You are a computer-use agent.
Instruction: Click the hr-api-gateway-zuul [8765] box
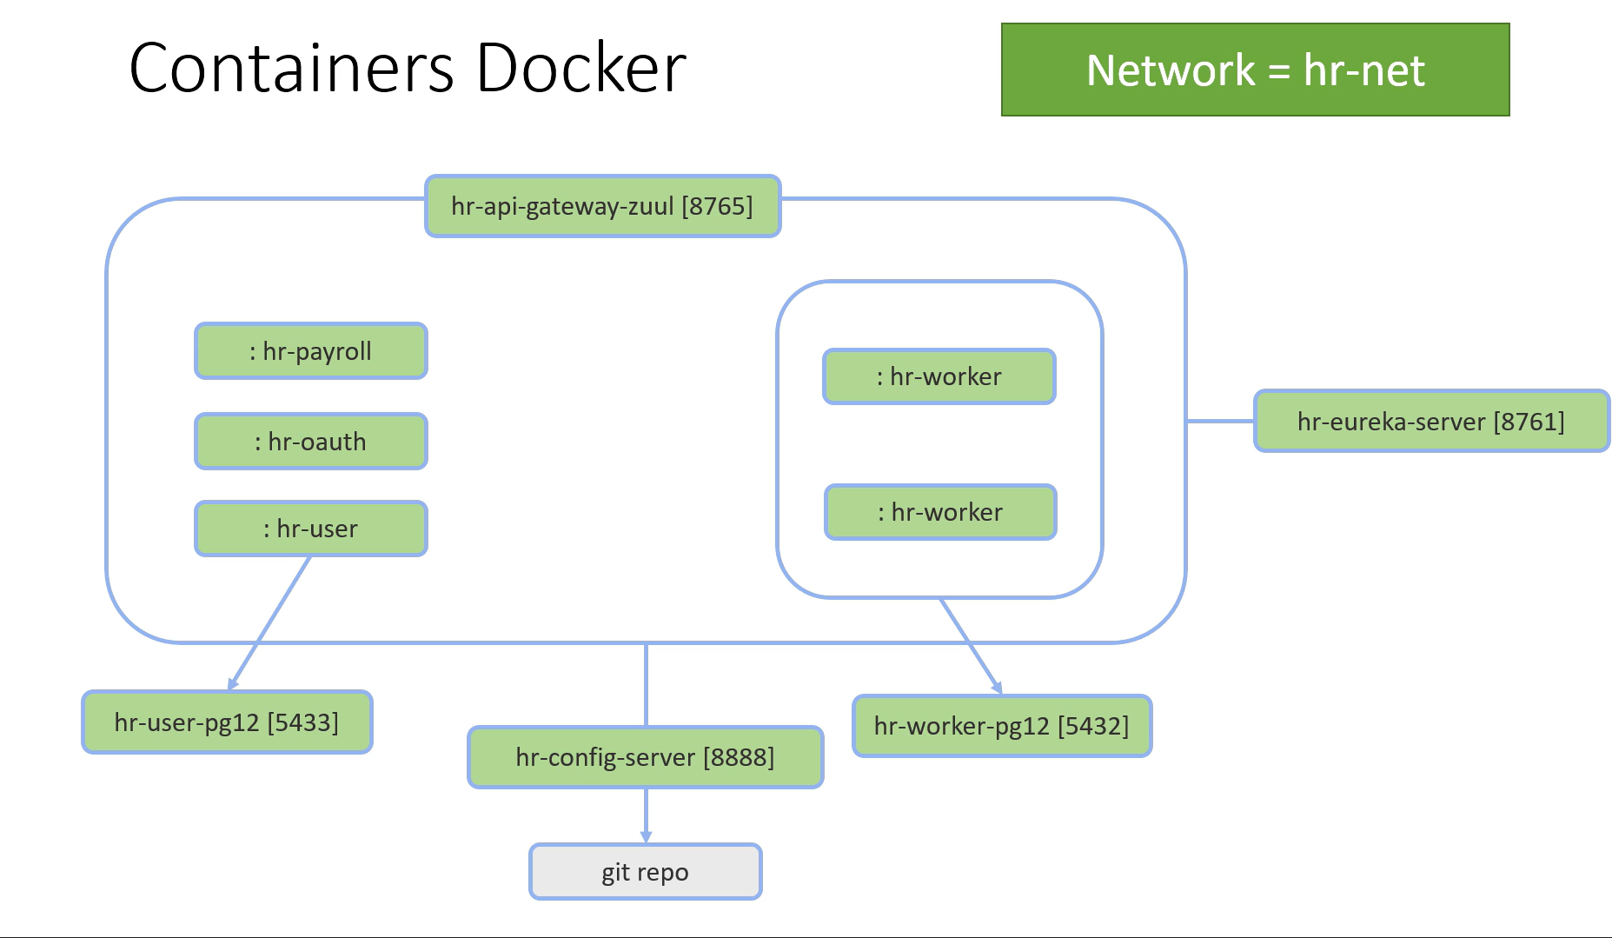click(602, 206)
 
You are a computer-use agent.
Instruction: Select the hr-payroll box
click(311, 351)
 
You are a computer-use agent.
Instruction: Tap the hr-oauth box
click(311, 442)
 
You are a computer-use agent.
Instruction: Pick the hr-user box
click(311, 529)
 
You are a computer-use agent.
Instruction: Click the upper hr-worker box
click(939, 376)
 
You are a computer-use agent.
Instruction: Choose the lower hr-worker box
click(940, 512)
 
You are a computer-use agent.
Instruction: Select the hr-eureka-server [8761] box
click(1430, 422)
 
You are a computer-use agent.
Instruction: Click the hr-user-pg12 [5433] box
click(227, 722)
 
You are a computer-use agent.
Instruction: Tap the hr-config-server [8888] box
click(645, 757)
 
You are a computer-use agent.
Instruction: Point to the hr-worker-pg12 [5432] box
click(1001, 726)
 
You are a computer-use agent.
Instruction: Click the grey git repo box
click(645, 872)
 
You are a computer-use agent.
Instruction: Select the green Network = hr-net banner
click(1255, 70)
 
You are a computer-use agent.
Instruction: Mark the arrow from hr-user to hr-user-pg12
click(269, 622)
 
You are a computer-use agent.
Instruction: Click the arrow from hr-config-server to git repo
click(646, 815)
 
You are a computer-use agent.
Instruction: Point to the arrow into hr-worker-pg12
click(971, 646)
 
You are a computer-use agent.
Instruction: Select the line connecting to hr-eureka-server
click(1220, 421)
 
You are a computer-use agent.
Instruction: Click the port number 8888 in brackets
click(738, 757)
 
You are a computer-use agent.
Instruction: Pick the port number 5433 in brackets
click(302, 722)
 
